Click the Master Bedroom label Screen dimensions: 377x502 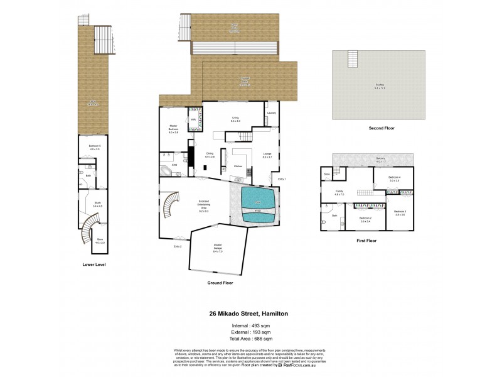(173, 128)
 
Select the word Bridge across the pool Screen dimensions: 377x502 (257, 210)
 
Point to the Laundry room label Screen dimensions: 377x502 (271, 113)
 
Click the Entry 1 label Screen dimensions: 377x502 (282, 179)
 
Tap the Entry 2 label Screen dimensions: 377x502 (178, 246)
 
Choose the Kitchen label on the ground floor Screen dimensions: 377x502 (238, 166)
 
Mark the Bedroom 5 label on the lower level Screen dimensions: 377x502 (95, 147)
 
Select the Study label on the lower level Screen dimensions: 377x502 (98, 204)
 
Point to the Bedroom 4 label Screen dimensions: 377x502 (393, 178)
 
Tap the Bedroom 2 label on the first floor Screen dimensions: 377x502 (365, 219)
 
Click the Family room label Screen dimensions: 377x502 (339, 192)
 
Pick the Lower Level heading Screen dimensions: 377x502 (93, 265)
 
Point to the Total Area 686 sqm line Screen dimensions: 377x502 (250, 338)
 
